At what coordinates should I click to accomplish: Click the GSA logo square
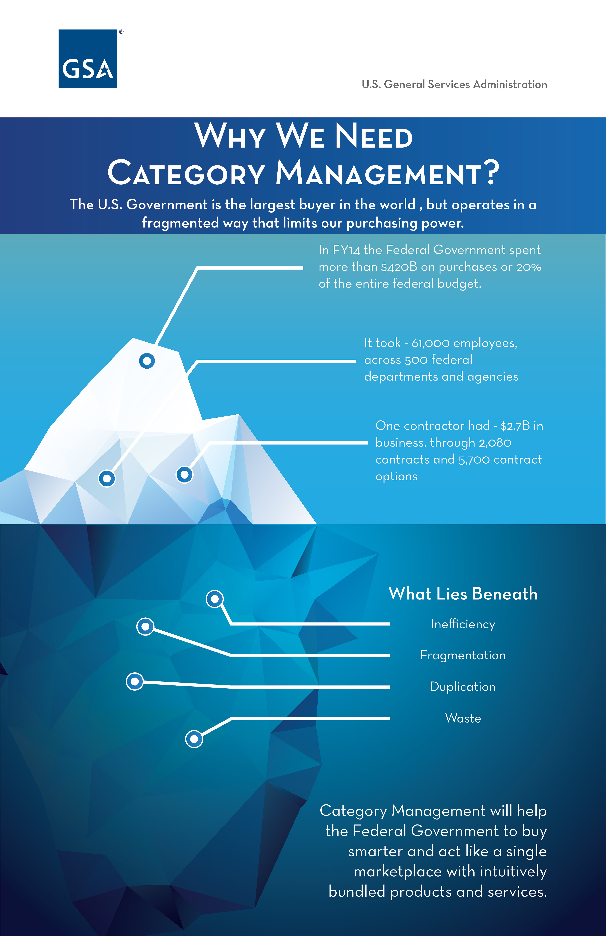pyautogui.click(x=88, y=59)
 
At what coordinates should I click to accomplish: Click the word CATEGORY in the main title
pyautogui.click(x=186, y=173)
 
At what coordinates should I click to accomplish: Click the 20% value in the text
pyautogui.click(x=529, y=267)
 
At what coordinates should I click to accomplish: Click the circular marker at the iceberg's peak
pyautogui.click(x=147, y=361)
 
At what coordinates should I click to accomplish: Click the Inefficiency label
pyautogui.click(x=463, y=624)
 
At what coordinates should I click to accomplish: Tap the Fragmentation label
pyautogui.click(x=463, y=655)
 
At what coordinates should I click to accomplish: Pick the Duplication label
pyautogui.click(x=463, y=687)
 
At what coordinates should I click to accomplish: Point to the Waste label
pyautogui.click(x=463, y=718)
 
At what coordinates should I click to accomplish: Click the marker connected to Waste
pyautogui.click(x=194, y=739)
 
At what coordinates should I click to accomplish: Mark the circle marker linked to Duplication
pyautogui.click(x=135, y=681)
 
